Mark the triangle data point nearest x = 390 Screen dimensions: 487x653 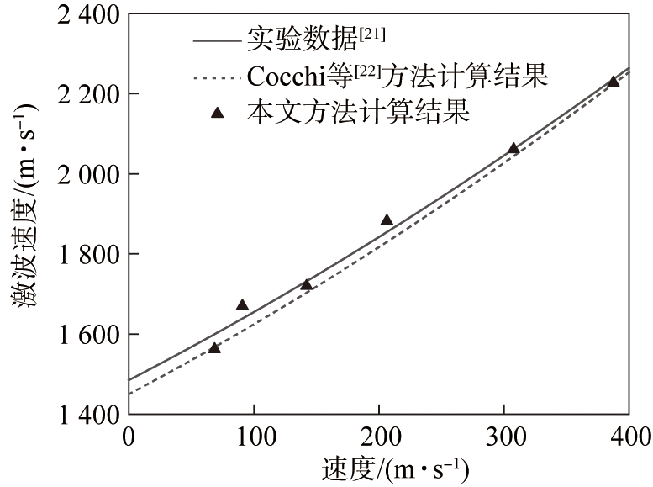[x=614, y=81]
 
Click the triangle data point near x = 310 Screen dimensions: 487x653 [x=513, y=148]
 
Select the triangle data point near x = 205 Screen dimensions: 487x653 [x=387, y=220]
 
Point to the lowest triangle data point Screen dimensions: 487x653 [x=214, y=347]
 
